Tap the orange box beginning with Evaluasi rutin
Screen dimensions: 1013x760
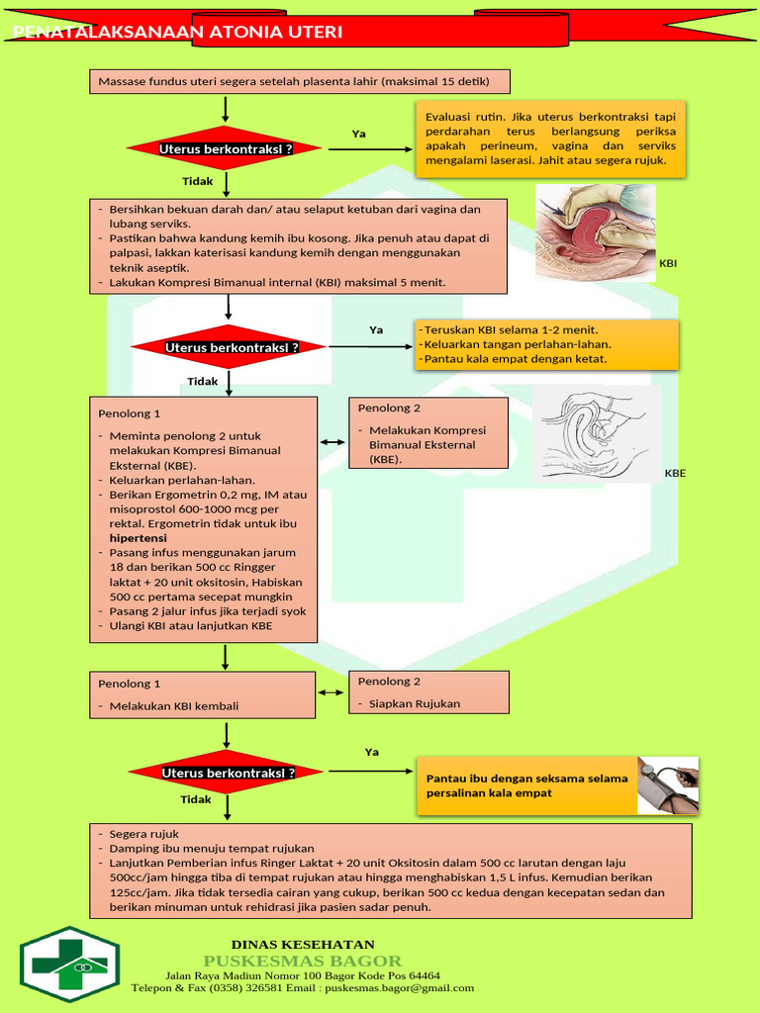[x=550, y=138]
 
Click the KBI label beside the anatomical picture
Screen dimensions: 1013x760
[x=669, y=264]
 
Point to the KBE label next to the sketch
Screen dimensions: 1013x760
[x=675, y=473]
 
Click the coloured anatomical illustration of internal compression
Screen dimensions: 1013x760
[x=595, y=232]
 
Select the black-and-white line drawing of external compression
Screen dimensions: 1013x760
[x=597, y=432]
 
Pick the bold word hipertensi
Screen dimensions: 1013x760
[x=138, y=538]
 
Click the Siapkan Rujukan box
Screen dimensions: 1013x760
[x=428, y=692]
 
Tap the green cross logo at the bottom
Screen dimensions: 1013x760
[x=70, y=958]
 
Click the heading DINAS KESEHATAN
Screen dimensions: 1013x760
[x=303, y=944]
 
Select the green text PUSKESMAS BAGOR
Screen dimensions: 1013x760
[x=303, y=961]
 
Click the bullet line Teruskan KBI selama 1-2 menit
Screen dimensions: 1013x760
[x=511, y=329]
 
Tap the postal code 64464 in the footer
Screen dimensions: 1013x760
[x=424, y=974]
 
